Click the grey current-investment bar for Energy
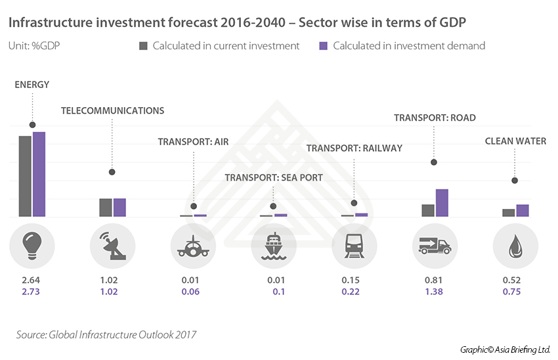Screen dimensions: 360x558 [25, 176]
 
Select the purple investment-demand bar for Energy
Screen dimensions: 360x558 [39, 174]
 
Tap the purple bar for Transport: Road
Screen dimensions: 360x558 [442, 202]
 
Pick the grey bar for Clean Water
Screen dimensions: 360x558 [508, 212]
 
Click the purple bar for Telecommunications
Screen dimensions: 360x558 [119, 207]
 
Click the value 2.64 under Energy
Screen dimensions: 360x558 [32, 281]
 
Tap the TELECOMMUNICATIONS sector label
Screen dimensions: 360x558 [112, 110]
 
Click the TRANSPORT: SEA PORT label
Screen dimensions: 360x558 [274, 177]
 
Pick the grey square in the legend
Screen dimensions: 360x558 [143, 46]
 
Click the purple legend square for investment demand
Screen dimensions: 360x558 [323, 46]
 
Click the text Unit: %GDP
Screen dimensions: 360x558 [31, 46]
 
